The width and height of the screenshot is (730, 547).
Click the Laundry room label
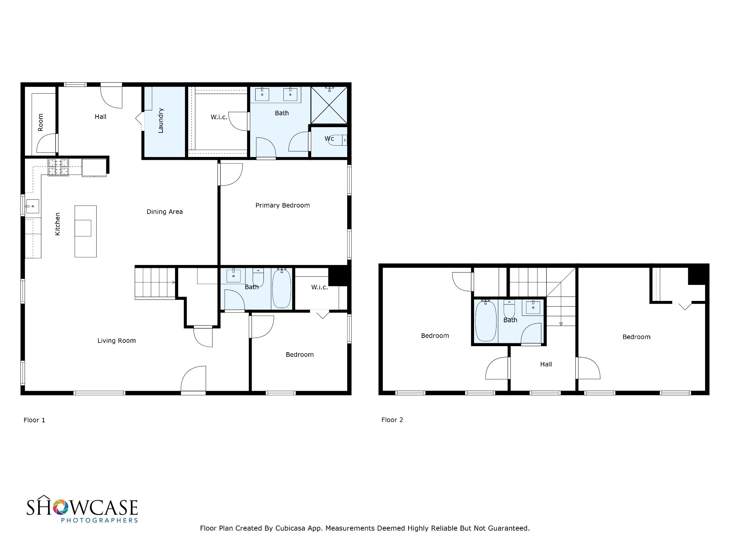[161, 121]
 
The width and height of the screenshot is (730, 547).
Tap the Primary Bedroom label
[283, 205]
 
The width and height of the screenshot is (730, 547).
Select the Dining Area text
[165, 212]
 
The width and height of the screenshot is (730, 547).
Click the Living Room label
[117, 341]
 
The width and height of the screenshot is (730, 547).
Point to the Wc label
[329, 138]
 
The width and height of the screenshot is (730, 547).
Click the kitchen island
[86, 231]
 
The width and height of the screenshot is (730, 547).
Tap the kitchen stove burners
[58, 167]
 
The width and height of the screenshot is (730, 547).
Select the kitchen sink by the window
[32, 206]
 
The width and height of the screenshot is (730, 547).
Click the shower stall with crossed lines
[329, 105]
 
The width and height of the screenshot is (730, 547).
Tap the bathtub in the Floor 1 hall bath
[282, 288]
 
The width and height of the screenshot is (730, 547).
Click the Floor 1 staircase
[155, 283]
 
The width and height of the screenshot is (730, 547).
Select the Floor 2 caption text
[392, 420]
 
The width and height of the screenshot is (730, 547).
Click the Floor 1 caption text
[34, 420]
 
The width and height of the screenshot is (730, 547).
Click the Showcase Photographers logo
[82, 509]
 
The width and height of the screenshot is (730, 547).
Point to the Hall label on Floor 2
[546, 364]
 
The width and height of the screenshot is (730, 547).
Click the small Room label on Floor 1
[40, 122]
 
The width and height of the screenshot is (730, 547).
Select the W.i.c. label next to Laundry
[219, 117]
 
